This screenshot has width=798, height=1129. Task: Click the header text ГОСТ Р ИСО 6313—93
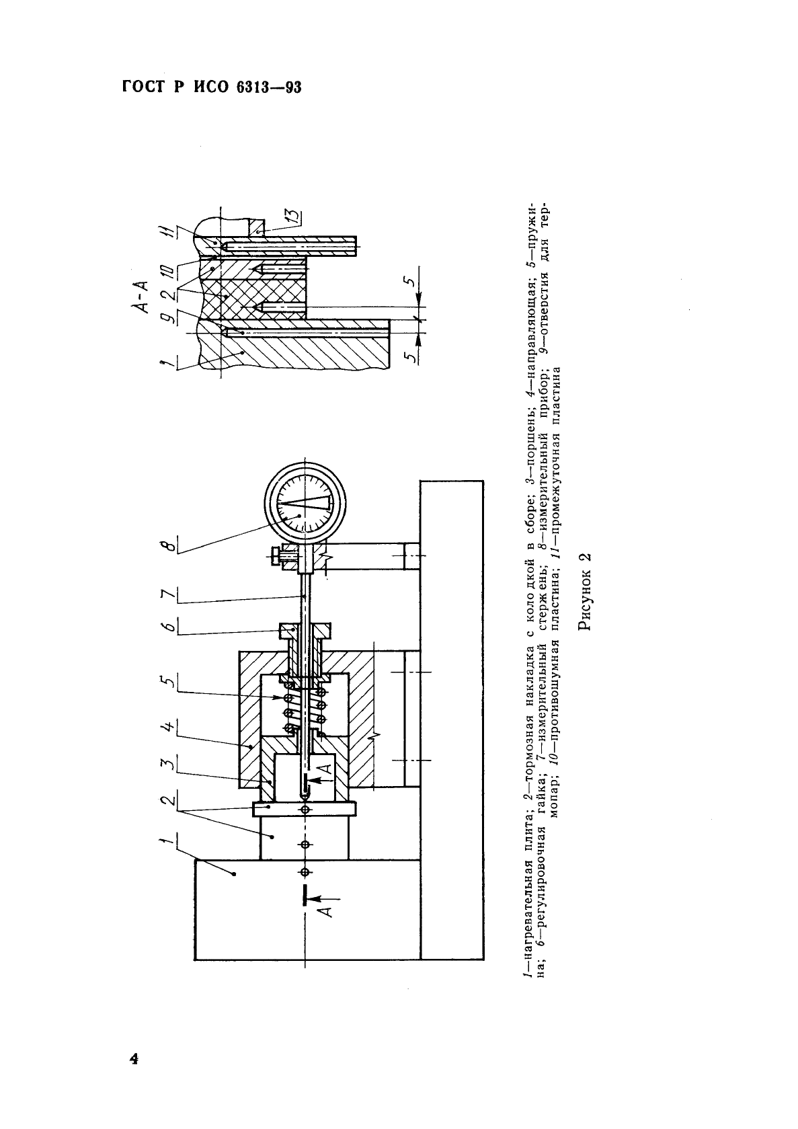click(x=212, y=87)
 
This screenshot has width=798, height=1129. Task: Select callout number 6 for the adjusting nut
click(x=170, y=627)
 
